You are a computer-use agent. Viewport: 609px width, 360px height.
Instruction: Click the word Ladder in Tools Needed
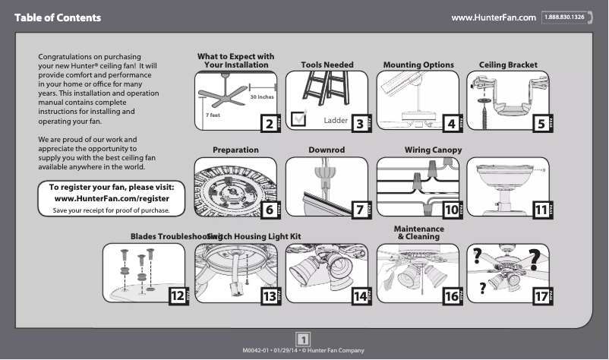(x=336, y=121)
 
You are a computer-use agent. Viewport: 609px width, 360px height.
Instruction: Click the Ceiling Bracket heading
(x=508, y=65)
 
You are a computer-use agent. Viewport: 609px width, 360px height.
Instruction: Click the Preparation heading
(x=235, y=150)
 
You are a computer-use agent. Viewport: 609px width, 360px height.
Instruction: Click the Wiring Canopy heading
(x=433, y=150)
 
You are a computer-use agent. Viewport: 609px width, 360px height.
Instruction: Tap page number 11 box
(x=542, y=210)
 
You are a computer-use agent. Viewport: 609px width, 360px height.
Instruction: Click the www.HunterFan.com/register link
(x=112, y=198)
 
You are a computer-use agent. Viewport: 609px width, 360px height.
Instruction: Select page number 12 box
(x=177, y=296)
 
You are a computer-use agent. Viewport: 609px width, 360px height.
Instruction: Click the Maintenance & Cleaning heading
(x=419, y=233)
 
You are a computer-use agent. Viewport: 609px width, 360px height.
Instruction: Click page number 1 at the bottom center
(x=303, y=338)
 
